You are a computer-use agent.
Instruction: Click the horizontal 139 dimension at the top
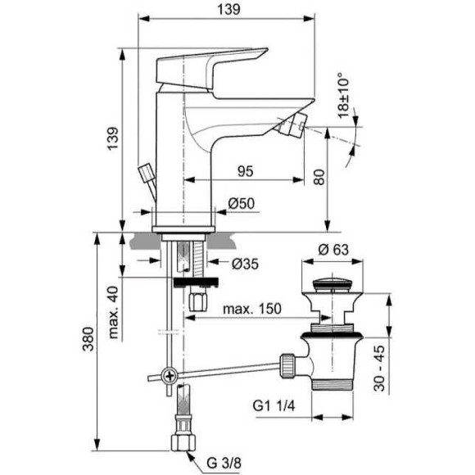coord(230,9)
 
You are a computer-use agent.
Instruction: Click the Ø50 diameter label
coord(237,204)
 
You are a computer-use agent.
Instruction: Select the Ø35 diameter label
coord(245,263)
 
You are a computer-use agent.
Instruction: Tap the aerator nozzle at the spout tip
coord(292,126)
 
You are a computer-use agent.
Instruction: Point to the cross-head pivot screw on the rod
coord(170,376)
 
